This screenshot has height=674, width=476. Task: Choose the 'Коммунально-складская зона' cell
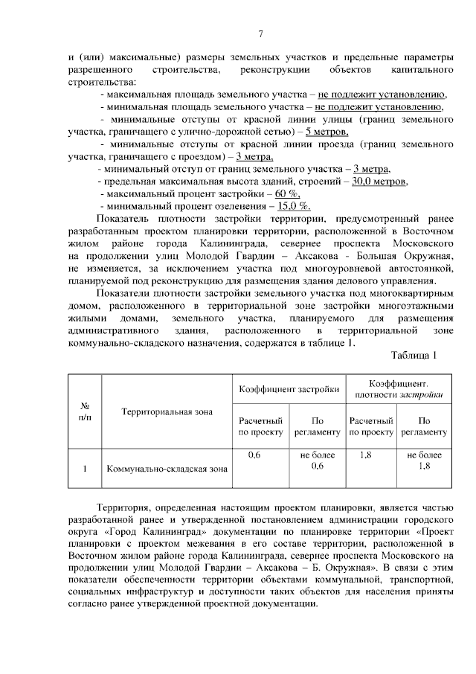point(167,469)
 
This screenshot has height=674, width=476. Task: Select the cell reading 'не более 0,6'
point(317,460)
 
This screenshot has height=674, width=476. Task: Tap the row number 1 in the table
point(85,469)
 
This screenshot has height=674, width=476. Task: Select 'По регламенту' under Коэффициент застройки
point(317,426)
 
